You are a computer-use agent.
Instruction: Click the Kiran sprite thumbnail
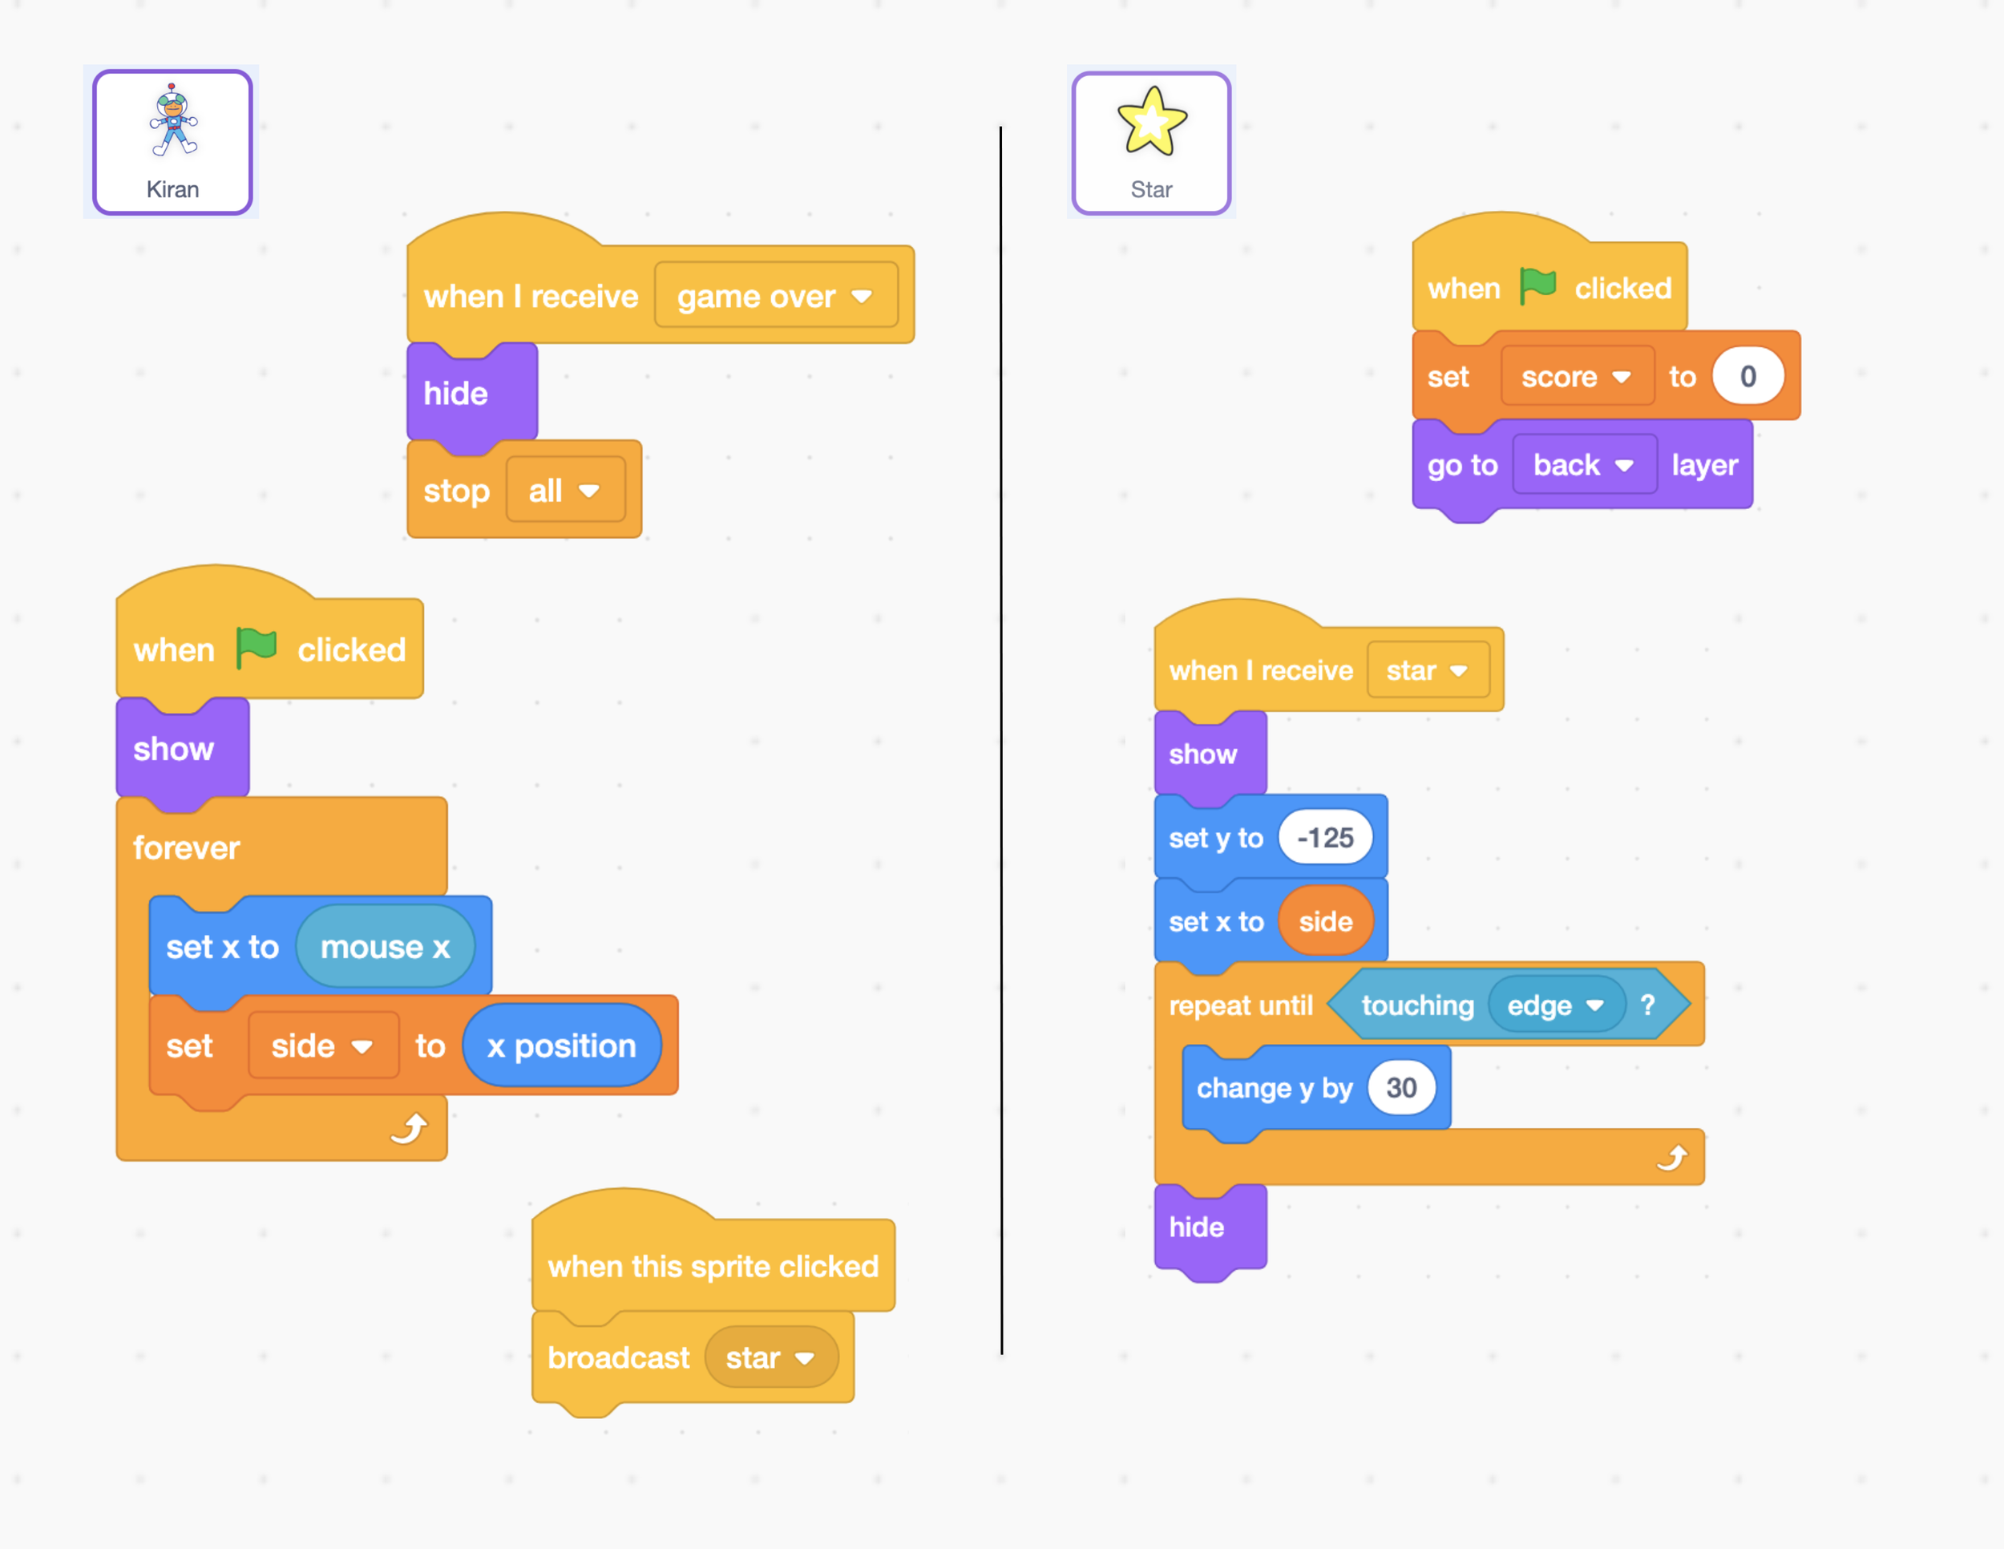coord(172,141)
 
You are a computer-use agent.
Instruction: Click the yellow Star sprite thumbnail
coord(1152,141)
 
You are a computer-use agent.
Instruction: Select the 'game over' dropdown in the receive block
coord(775,296)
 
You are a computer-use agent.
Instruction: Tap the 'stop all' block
coord(456,491)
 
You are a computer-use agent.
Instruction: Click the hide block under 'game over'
coord(456,394)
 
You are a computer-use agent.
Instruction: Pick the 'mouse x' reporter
coord(386,947)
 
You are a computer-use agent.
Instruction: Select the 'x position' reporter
coord(562,1046)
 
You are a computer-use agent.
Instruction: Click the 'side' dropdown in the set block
coord(322,1046)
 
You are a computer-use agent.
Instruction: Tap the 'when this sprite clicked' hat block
coord(712,1266)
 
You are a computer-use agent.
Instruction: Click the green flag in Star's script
coord(1537,286)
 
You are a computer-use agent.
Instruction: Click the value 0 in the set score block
coord(1748,376)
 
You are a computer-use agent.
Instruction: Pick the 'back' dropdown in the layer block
coord(1584,465)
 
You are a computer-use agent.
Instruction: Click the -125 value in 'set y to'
coord(1325,838)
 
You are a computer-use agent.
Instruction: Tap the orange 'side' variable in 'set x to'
coord(1325,921)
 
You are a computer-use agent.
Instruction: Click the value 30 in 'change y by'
coord(1401,1088)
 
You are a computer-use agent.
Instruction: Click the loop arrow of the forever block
coord(410,1128)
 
